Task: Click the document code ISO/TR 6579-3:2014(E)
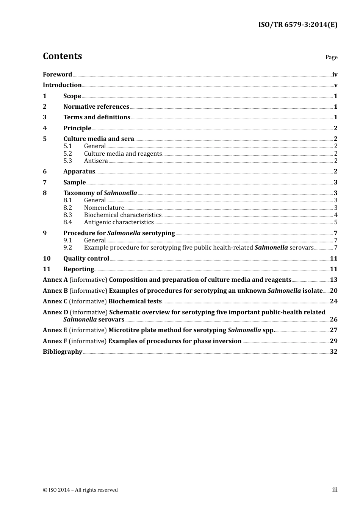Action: click(x=297, y=25)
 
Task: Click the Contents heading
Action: click(x=62, y=56)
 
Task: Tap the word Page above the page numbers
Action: click(x=331, y=57)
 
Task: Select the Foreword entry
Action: click(x=57, y=75)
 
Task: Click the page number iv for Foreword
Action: click(x=335, y=75)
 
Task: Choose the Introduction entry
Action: click(x=62, y=85)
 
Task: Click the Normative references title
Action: click(x=96, y=107)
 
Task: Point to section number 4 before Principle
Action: click(x=45, y=128)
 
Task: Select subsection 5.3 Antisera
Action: click(x=96, y=161)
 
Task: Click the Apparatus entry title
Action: click(x=79, y=172)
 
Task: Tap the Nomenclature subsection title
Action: click(x=104, y=208)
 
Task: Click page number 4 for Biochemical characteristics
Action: click(x=336, y=215)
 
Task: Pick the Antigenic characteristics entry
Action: click(x=119, y=222)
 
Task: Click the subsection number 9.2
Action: click(x=67, y=248)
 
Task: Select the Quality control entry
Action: click(x=86, y=259)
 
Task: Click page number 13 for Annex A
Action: click(x=333, y=280)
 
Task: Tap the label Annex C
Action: click(x=55, y=301)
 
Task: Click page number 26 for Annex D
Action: click(x=333, y=320)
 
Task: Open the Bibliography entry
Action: click(x=63, y=352)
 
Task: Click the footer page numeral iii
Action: click(x=335, y=490)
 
